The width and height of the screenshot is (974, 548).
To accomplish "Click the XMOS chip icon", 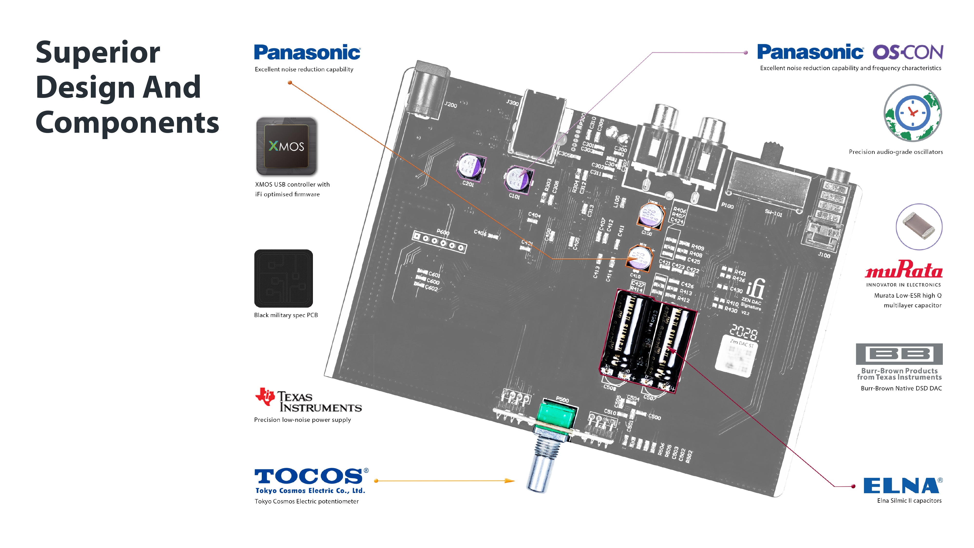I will tap(286, 146).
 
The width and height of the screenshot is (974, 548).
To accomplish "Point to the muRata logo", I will tap(903, 270).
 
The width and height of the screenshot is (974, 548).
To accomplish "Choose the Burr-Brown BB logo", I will tap(899, 354).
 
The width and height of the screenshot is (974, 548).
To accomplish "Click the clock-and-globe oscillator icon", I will tap(912, 113).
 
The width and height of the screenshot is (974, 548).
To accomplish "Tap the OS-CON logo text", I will tap(908, 52).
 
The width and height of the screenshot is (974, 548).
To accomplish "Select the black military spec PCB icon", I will tap(284, 278).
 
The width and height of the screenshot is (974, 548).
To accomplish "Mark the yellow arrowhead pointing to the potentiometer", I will tap(510, 481).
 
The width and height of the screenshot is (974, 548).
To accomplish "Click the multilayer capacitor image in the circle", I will tap(919, 227).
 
